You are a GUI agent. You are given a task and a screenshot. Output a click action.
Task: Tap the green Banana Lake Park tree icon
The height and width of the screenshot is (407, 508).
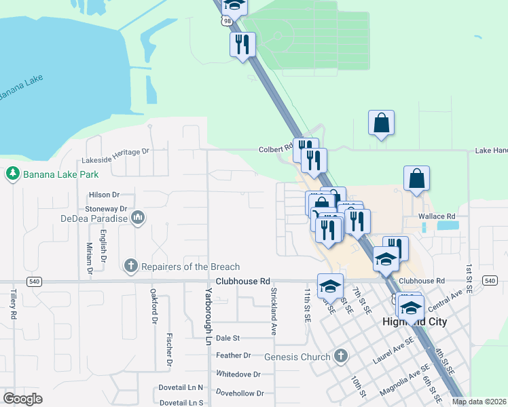point(12,174)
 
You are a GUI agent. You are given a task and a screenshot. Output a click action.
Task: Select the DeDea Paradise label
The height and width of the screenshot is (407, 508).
point(93,218)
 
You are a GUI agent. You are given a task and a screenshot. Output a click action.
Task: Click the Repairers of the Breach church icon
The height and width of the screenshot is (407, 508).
point(131,267)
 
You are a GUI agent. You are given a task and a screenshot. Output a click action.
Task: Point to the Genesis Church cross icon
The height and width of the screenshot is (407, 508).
point(341,356)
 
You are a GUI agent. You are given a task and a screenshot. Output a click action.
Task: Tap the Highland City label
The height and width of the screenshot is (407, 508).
point(414,322)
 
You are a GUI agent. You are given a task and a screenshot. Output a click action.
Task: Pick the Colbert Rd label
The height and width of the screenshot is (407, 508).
point(275,150)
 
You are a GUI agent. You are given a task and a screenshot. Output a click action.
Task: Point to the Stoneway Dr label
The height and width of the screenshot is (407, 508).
point(105,209)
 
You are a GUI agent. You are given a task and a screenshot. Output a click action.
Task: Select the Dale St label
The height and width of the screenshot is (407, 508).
point(228,337)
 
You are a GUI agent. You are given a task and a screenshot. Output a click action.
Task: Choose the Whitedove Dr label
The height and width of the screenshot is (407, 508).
point(238,374)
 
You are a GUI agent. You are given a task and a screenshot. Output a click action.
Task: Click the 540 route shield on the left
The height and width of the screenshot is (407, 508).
point(33,281)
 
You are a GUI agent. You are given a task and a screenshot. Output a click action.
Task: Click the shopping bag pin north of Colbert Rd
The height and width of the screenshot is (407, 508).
point(381,123)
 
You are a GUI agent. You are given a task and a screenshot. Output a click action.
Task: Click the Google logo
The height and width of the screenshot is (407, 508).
point(22,398)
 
